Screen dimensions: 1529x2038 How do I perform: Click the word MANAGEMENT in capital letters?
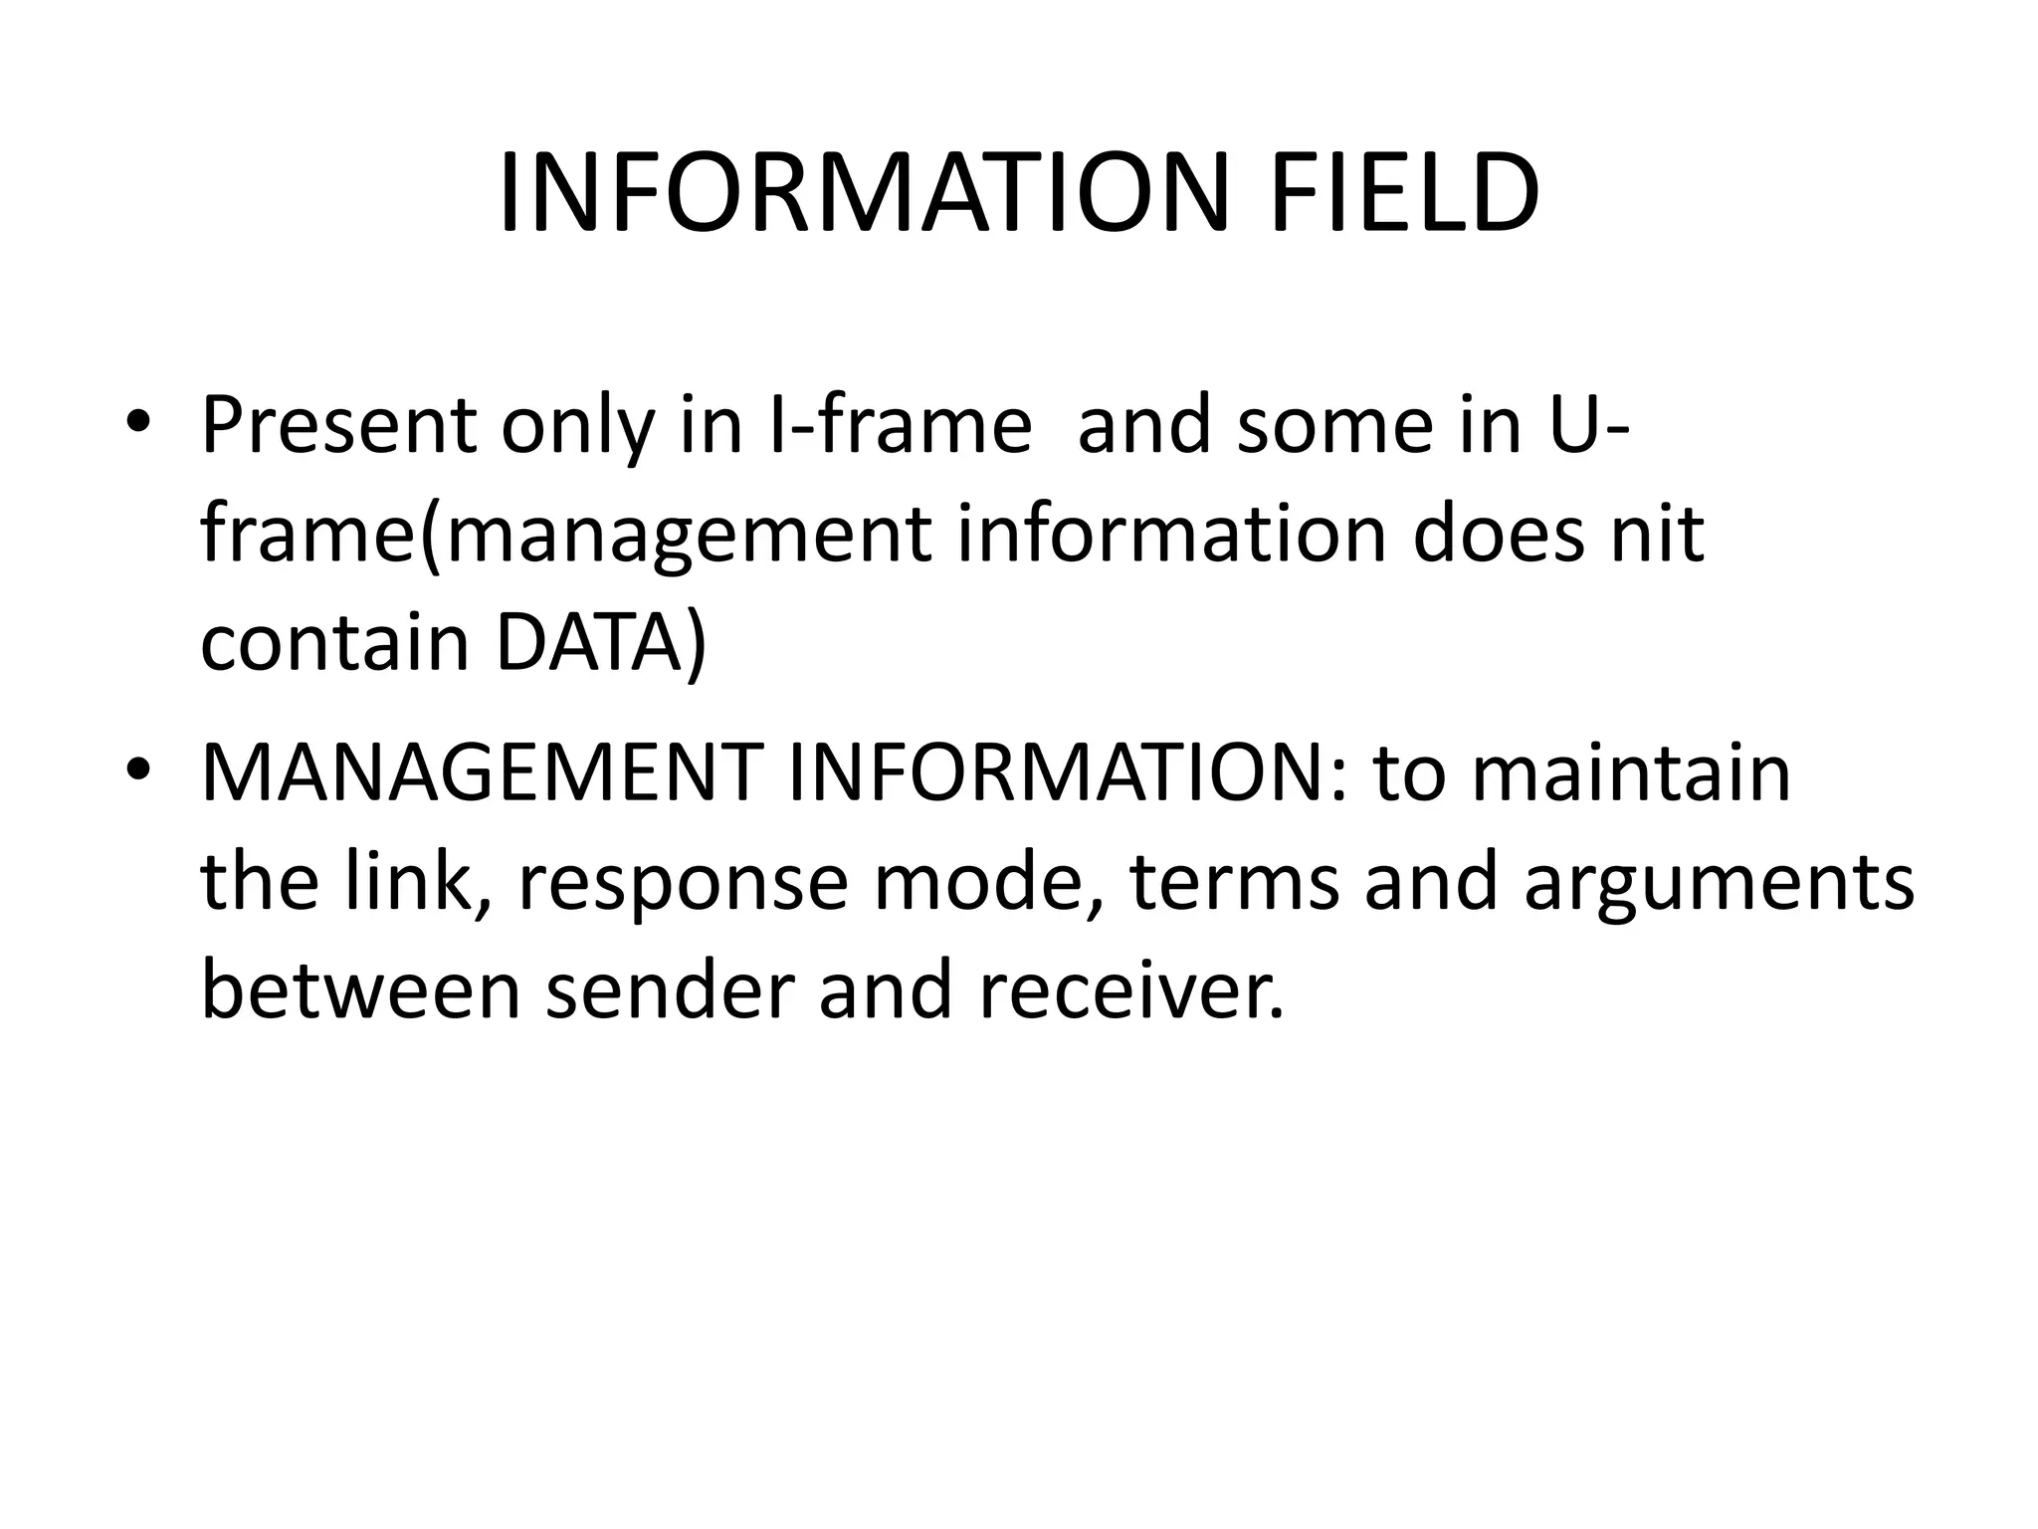(x=482, y=773)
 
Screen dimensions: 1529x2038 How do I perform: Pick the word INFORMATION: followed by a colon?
(x=1070, y=773)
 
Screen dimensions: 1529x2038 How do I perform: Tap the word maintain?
(x=1631, y=773)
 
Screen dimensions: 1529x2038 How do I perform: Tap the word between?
(x=360, y=990)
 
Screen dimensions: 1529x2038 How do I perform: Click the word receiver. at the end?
(x=1130, y=990)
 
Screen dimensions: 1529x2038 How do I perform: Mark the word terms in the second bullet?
(x=1234, y=882)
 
